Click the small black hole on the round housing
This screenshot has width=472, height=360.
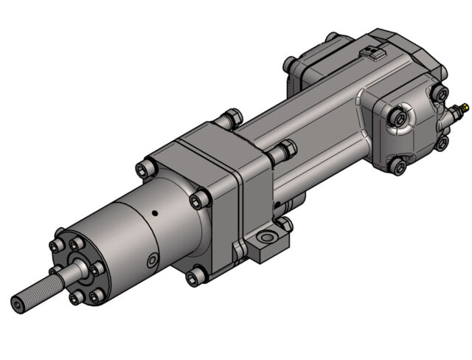click(x=155, y=214)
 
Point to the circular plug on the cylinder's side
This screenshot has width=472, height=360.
click(x=153, y=260)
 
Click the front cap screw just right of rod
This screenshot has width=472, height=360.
click(x=96, y=269)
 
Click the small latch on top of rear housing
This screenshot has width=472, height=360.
click(x=373, y=54)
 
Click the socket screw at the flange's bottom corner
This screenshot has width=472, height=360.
click(x=195, y=277)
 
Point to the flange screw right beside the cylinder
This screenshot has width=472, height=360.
click(x=198, y=200)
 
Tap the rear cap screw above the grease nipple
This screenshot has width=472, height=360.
click(x=441, y=94)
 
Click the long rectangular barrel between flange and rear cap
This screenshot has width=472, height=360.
click(x=317, y=125)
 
